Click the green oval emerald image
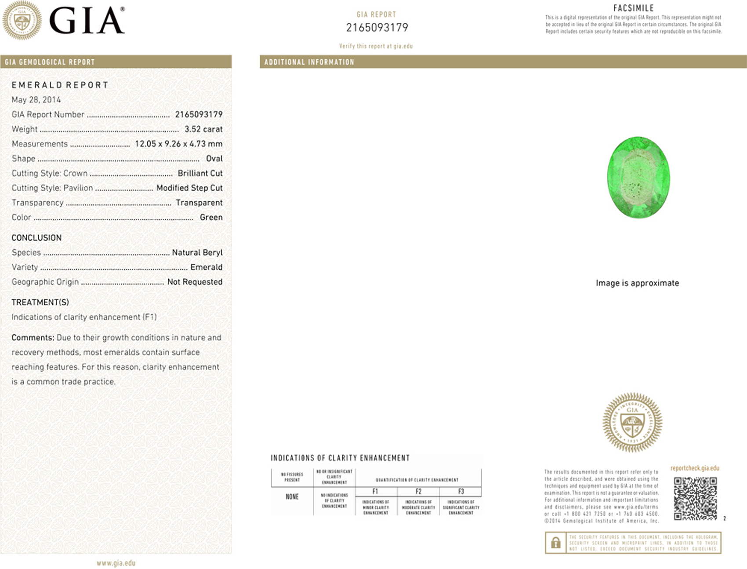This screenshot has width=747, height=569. (x=638, y=177)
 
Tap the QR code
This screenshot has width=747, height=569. (x=695, y=499)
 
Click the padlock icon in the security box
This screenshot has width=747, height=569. (x=556, y=543)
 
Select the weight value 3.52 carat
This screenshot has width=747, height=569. (x=203, y=129)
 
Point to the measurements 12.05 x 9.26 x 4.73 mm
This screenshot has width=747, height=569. (x=178, y=144)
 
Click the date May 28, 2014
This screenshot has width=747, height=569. (x=36, y=100)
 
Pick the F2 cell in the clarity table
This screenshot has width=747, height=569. (x=418, y=492)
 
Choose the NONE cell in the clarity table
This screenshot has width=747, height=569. (x=292, y=497)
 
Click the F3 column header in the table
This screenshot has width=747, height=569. (x=461, y=492)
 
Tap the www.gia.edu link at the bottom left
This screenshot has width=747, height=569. (x=116, y=563)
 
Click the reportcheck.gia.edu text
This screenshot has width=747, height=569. (x=695, y=468)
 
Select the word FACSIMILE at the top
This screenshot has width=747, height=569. (x=634, y=8)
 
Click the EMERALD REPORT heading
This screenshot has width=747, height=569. (x=60, y=85)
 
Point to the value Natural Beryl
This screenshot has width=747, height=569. (x=197, y=252)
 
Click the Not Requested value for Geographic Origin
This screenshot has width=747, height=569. (x=195, y=282)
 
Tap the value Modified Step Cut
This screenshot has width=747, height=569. (x=189, y=188)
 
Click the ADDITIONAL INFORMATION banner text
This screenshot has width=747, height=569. (x=309, y=62)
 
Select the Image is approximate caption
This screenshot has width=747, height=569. (x=637, y=283)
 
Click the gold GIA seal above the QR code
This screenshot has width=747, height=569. (x=632, y=423)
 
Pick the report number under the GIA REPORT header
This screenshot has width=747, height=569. (x=377, y=28)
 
